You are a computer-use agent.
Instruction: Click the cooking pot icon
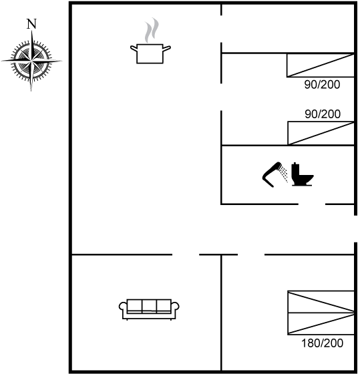150,53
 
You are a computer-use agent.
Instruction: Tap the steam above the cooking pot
152,30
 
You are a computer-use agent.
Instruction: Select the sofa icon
149,309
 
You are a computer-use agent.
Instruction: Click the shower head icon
275,174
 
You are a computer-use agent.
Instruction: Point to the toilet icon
303,174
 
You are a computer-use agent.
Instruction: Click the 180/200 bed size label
322,343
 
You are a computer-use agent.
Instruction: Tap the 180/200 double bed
321,313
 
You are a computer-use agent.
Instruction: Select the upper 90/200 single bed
321,65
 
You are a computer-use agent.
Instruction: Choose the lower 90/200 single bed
321,133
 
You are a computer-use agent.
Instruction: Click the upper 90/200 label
322,85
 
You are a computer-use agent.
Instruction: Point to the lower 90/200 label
323,114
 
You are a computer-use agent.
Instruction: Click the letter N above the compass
31,24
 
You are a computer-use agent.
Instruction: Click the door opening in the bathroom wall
312,204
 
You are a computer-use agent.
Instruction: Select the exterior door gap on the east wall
355,228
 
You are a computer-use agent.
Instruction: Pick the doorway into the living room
186,254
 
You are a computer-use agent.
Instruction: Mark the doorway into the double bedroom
251,254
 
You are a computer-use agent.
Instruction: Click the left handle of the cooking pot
134,48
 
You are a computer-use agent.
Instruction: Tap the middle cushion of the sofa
149,305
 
